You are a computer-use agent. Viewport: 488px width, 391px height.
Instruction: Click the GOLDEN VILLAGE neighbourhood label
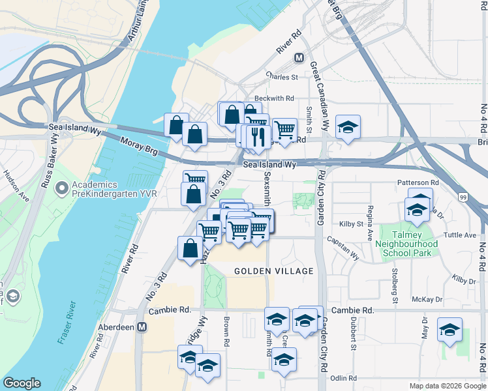274,270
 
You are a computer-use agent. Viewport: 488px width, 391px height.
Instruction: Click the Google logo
22,383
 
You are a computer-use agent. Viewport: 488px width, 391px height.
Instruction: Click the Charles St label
281,77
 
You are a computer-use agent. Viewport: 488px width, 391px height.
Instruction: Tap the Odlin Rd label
344,378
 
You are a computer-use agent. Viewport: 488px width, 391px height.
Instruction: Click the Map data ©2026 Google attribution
448,386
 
